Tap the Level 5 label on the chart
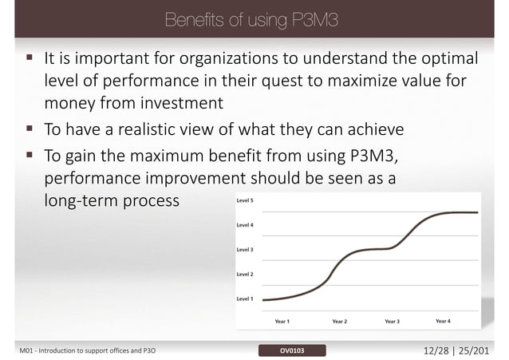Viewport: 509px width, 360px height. click(x=245, y=201)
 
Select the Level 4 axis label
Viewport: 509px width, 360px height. click(x=245, y=225)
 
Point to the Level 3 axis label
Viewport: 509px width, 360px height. click(x=245, y=250)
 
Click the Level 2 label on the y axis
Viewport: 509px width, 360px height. click(x=245, y=274)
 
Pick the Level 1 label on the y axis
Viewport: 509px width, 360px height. click(x=245, y=299)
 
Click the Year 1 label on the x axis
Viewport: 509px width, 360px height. click(x=282, y=321)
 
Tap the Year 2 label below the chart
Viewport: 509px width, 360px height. click(x=339, y=321)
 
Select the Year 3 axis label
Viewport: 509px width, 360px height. click(x=392, y=321)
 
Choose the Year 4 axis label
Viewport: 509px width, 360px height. click(x=443, y=321)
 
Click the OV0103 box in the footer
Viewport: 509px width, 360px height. click(x=291, y=350)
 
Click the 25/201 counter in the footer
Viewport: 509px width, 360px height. click(x=481, y=350)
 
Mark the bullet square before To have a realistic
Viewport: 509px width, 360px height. click(x=29, y=129)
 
